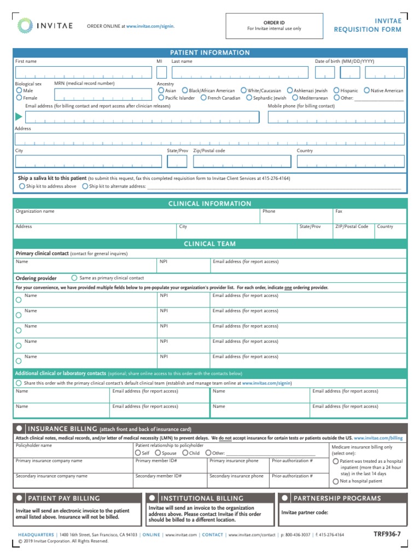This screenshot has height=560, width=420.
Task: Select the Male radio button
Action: click(20, 90)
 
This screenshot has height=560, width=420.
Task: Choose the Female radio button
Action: click(20, 97)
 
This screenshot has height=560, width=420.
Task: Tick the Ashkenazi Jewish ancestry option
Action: click(290, 90)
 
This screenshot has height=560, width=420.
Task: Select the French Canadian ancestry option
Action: click(203, 98)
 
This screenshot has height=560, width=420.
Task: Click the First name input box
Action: click(83, 72)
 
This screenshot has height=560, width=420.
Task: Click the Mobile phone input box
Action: click(336, 117)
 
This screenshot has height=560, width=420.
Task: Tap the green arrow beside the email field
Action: click(19, 116)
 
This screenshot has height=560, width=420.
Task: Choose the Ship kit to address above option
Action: click(22, 186)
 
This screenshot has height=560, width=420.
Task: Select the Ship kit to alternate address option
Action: click(85, 186)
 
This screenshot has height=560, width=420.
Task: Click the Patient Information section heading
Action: click(210, 52)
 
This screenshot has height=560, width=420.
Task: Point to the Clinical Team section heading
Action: click(210, 244)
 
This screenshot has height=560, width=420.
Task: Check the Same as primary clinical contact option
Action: click(74, 278)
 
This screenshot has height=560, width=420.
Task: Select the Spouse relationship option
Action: click(158, 453)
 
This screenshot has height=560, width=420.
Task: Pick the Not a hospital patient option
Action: click(335, 481)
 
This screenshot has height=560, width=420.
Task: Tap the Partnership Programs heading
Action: click(337, 498)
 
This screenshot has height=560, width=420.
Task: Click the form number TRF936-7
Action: click(387, 534)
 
